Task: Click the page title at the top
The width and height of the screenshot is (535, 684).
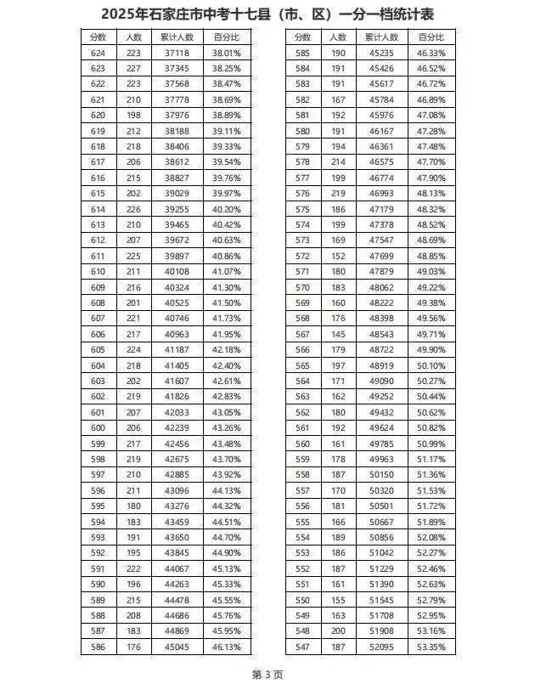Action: pyautogui.click(x=267, y=14)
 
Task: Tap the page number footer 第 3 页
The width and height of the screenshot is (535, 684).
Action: pyautogui.click(x=267, y=673)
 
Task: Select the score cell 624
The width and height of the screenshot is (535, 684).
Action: pyautogui.click(x=98, y=53)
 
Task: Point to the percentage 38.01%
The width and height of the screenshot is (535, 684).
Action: pyautogui.click(x=226, y=53)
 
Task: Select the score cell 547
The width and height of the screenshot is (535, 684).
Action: pyautogui.click(x=302, y=647)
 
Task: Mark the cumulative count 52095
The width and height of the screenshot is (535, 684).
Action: pyautogui.click(x=381, y=647)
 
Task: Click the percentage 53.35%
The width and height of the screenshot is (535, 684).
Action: pyautogui.click(x=431, y=647)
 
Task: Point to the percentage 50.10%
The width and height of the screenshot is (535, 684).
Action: pyautogui.click(x=431, y=365)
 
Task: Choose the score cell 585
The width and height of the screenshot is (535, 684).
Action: pyautogui.click(x=302, y=53)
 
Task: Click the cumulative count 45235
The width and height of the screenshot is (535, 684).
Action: pyautogui.click(x=381, y=53)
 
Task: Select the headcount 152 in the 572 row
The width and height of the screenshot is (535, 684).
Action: pyautogui.click(x=338, y=256)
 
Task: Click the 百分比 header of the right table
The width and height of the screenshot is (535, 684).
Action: pyautogui.click(x=431, y=37)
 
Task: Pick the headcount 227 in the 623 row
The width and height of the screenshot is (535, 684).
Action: pyautogui.click(x=133, y=68)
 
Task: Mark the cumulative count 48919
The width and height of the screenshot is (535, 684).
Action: pyautogui.click(x=381, y=365)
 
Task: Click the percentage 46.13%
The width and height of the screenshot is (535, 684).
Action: pyautogui.click(x=226, y=647)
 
